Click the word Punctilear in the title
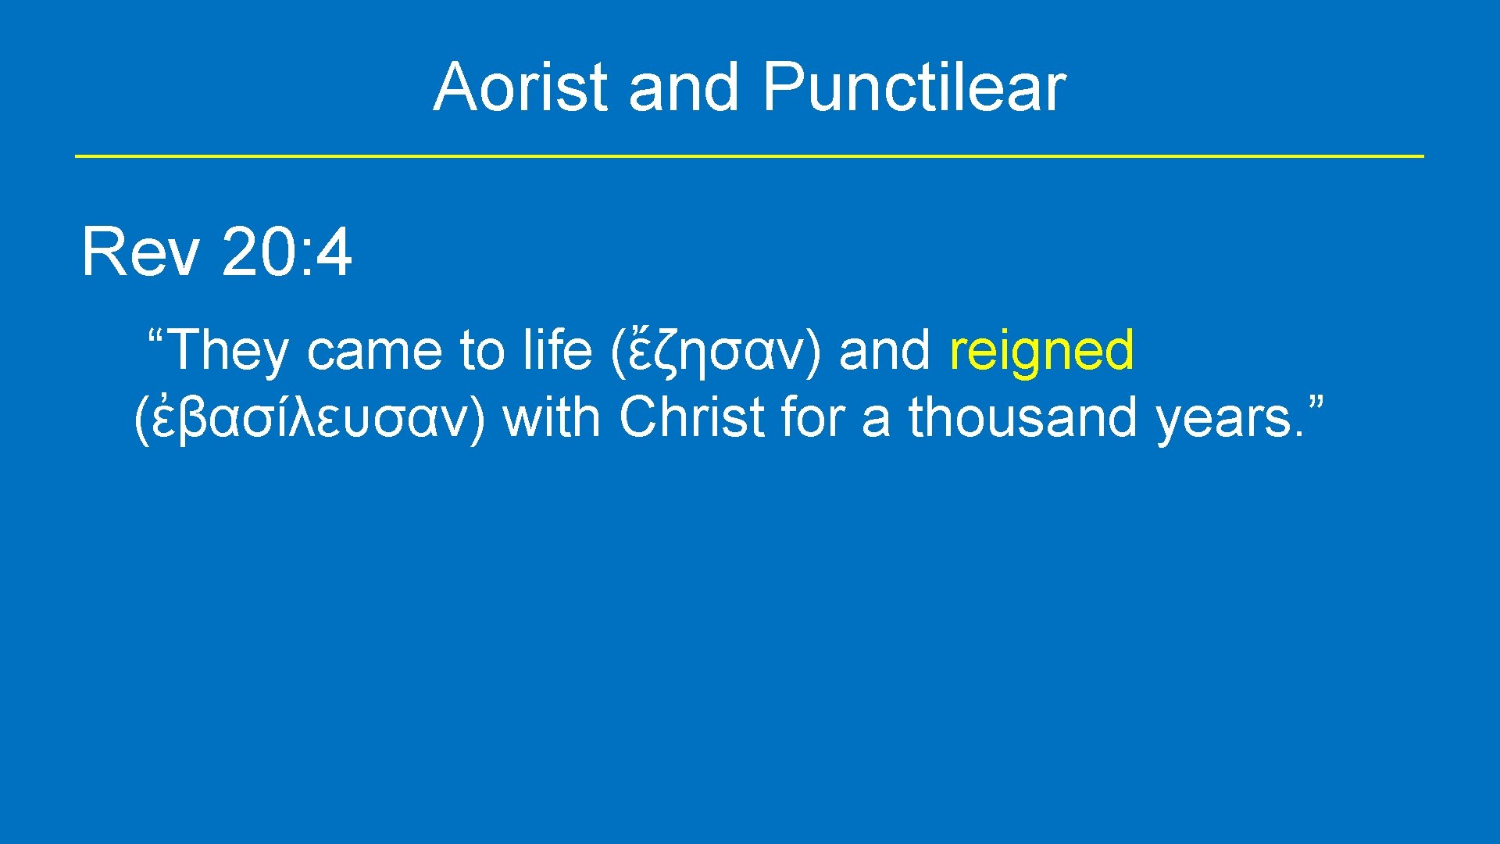[913, 87]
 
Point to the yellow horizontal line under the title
[748, 156]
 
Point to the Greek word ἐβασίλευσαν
[309, 417]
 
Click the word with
[551, 417]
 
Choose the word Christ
[691, 417]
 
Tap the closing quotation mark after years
[1315, 404]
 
